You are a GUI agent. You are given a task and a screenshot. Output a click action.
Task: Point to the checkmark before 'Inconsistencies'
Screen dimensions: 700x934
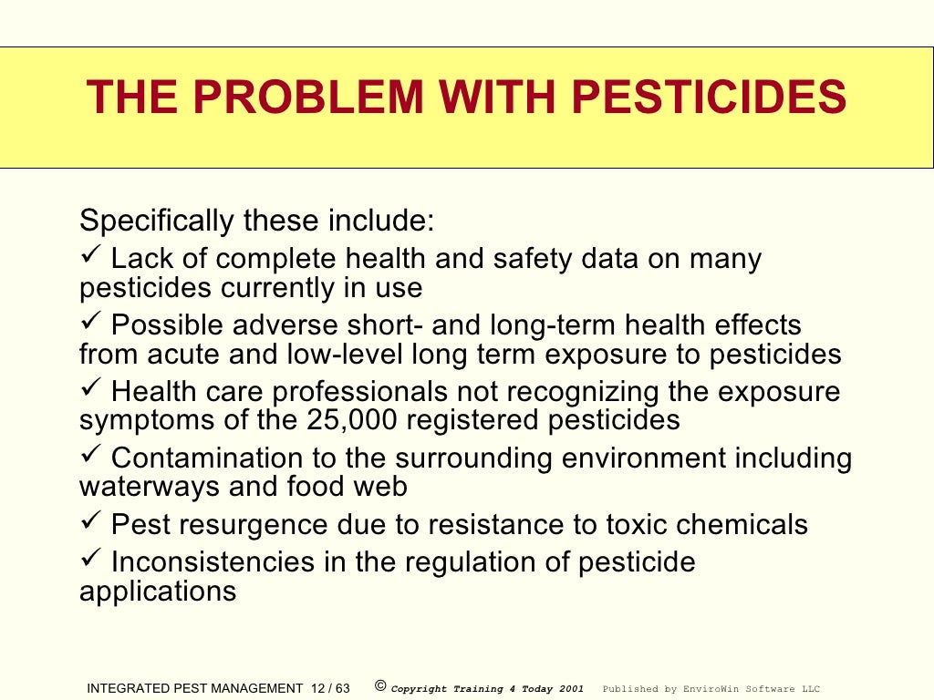(x=89, y=560)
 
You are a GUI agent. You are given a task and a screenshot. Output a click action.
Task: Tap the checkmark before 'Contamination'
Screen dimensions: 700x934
(x=89, y=456)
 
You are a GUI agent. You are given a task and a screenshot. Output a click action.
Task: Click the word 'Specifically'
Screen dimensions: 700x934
(x=157, y=221)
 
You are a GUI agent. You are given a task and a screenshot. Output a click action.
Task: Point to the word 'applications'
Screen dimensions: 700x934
(x=158, y=592)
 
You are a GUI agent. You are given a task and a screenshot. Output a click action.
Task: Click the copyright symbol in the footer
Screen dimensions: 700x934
(x=380, y=686)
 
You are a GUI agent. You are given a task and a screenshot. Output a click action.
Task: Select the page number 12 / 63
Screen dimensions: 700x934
(x=329, y=689)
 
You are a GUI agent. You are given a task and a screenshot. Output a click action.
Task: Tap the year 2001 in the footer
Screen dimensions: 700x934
(x=570, y=689)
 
